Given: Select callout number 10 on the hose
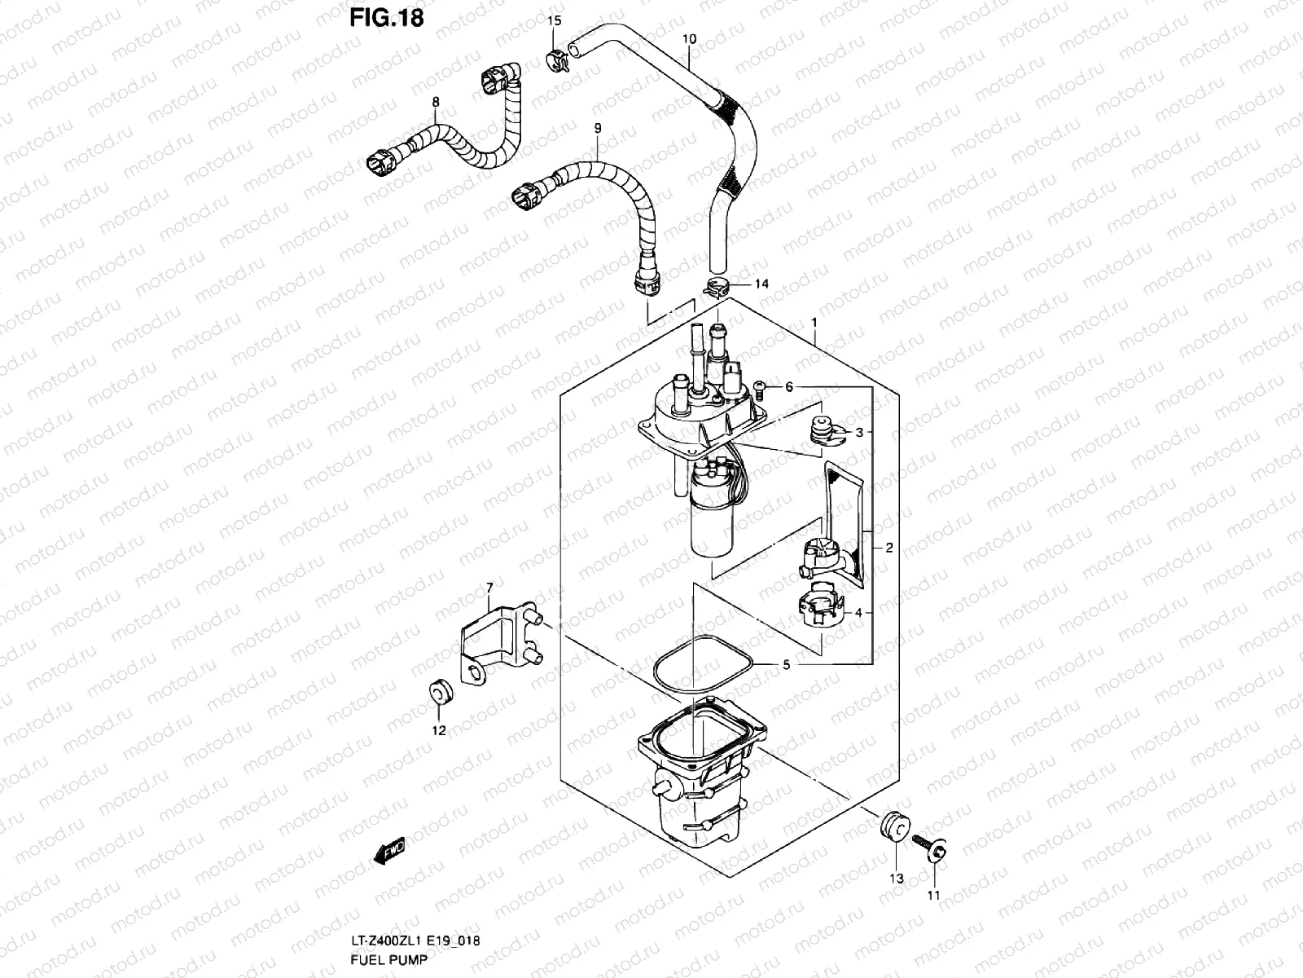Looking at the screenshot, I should pyautogui.click(x=689, y=39).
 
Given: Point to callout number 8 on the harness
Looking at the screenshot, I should pyautogui.click(x=436, y=102).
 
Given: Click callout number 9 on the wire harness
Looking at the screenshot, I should pyautogui.click(x=598, y=128).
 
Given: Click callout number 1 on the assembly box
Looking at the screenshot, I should pyautogui.click(x=814, y=323).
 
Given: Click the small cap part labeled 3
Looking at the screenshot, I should pyautogui.click(x=825, y=430).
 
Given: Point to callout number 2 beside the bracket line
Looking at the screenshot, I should pyautogui.click(x=888, y=548).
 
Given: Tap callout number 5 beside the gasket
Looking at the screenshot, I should pyautogui.click(x=786, y=665).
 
